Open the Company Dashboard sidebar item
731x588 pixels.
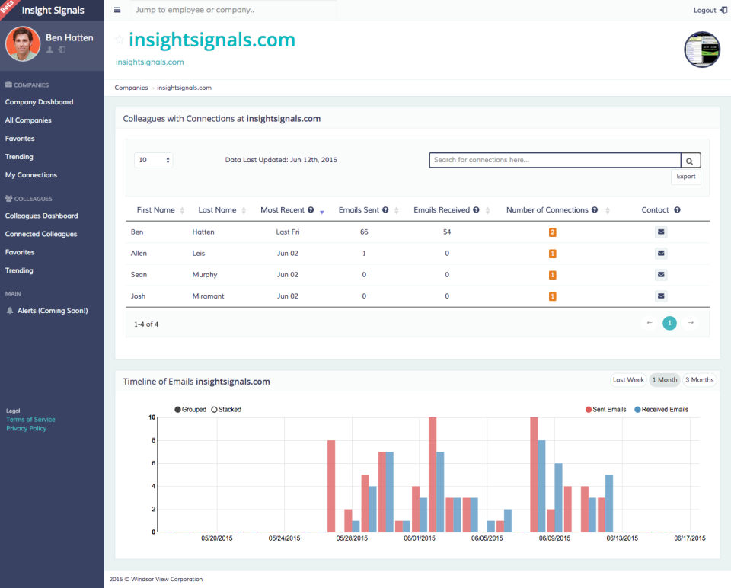(39, 102)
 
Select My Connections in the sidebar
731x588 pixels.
(31, 175)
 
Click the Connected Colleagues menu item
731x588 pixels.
(41, 234)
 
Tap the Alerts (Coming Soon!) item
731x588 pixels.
(52, 311)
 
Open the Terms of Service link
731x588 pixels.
(30, 420)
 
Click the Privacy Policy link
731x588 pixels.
(27, 428)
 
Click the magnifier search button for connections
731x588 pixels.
(690, 161)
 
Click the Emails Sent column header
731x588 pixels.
(359, 210)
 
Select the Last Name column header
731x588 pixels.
(217, 210)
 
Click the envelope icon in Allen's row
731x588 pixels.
(661, 254)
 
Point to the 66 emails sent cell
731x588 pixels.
(364, 232)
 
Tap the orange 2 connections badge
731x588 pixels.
(553, 232)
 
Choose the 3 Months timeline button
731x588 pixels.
(699, 380)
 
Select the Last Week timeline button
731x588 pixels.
(628, 380)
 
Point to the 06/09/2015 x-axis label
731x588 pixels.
(555, 538)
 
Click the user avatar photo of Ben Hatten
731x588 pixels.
(23, 44)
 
